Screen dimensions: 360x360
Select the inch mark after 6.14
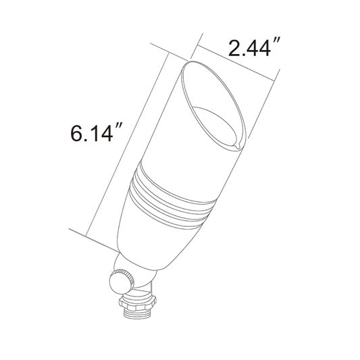(x=120, y=126)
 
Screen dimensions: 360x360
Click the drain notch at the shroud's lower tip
(x=235, y=143)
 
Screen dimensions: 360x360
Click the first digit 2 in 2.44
(x=234, y=49)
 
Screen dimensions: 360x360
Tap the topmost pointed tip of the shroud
(x=192, y=60)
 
